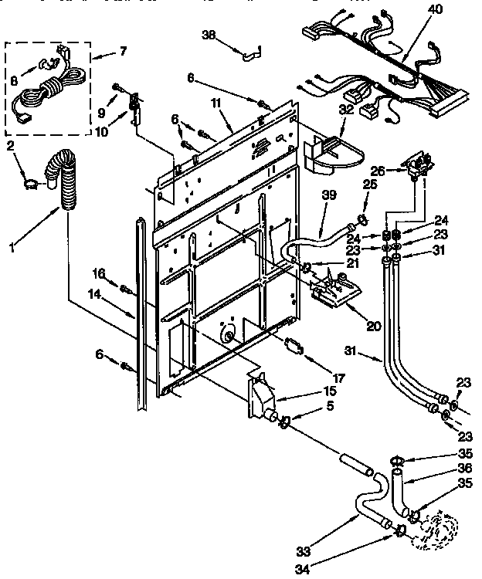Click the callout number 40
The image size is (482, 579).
tap(436, 9)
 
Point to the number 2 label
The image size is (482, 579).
tap(10, 145)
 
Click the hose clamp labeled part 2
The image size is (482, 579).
tap(30, 183)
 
